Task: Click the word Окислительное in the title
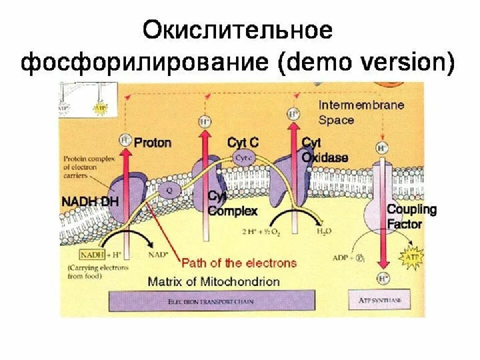(238, 30)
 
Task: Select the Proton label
(152, 143)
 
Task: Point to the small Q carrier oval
(170, 190)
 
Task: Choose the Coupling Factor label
(411, 216)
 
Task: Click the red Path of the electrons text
(239, 263)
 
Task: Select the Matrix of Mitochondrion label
(213, 281)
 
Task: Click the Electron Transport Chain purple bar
(212, 301)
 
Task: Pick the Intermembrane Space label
(361, 112)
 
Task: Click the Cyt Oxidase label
(324, 150)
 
